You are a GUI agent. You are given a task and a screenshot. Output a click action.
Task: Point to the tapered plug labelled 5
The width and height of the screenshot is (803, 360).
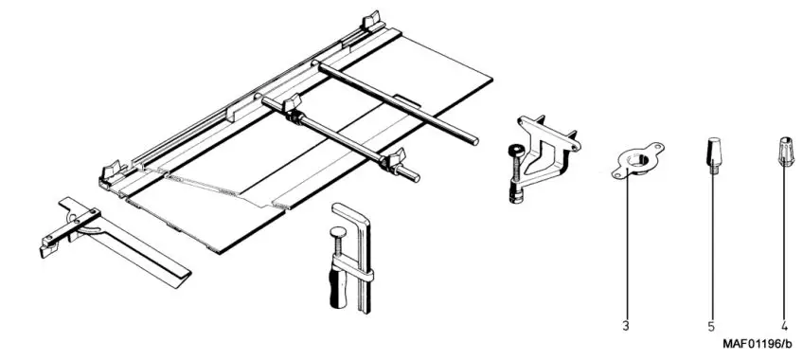click(x=711, y=151)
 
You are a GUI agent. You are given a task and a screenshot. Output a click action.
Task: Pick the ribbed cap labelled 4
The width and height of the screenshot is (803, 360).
click(x=784, y=150)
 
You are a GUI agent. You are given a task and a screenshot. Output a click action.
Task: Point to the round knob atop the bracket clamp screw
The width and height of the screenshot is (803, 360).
click(x=513, y=149)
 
